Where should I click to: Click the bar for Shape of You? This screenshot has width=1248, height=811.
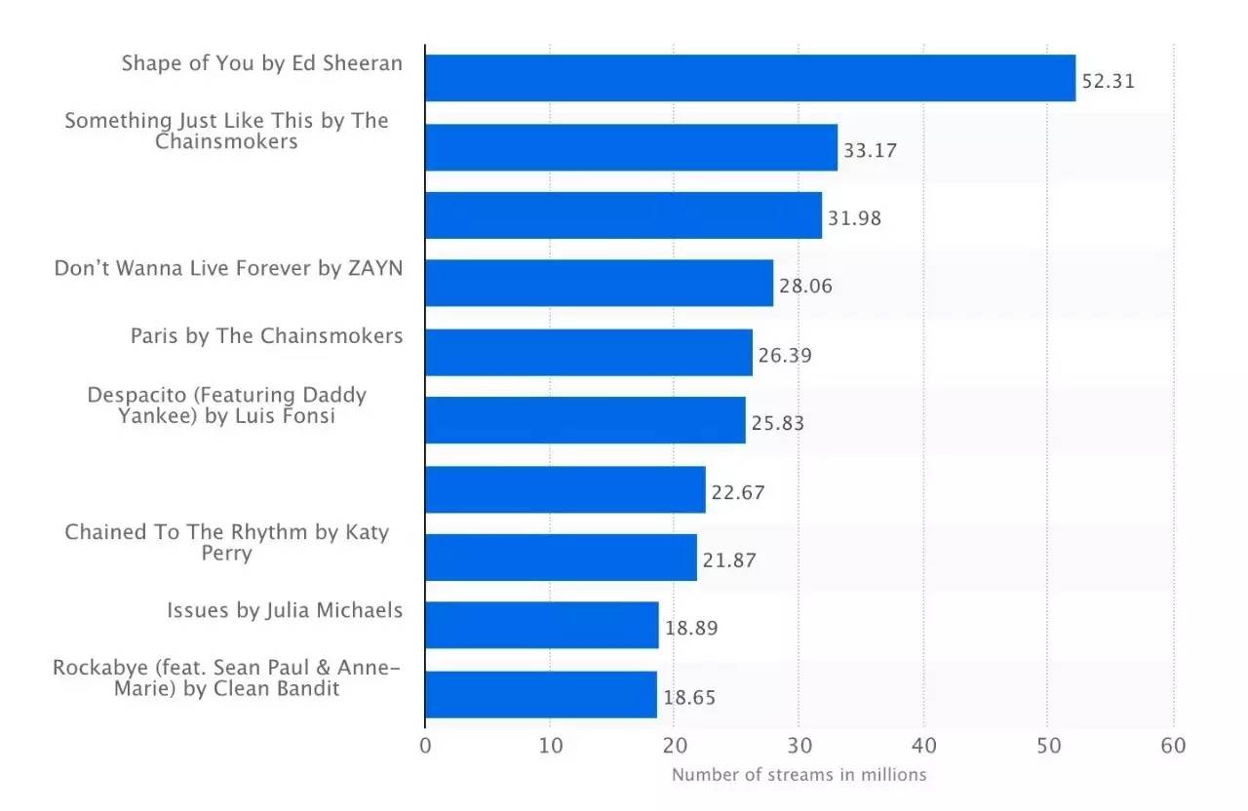[750, 78]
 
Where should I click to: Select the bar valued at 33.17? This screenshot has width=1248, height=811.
[631, 147]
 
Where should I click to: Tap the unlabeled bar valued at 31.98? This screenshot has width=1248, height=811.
[623, 215]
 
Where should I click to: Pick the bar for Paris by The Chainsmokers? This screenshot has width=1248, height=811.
[589, 352]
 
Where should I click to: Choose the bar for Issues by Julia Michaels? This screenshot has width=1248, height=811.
[542, 625]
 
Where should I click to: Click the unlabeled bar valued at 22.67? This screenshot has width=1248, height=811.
[565, 489]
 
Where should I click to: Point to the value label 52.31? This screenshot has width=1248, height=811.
[1109, 81]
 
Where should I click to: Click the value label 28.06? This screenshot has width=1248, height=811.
[805, 287]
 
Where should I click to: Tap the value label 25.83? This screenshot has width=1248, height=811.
[777, 424]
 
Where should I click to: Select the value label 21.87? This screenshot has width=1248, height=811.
[729, 560]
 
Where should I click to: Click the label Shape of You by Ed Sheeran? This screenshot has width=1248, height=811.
[261, 64]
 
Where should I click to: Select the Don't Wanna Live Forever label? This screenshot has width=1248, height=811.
[228, 268]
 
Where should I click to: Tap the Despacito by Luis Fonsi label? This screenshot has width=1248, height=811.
[226, 405]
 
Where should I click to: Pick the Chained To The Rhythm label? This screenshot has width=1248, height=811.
[226, 542]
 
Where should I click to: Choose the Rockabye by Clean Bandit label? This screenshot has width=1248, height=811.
[226, 677]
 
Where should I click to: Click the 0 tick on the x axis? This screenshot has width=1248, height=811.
[425, 746]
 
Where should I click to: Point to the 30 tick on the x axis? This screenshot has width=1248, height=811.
[799, 746]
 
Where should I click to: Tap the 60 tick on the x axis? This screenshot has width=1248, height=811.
[1173, 746]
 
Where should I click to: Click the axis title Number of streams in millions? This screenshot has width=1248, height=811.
[799, 775]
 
